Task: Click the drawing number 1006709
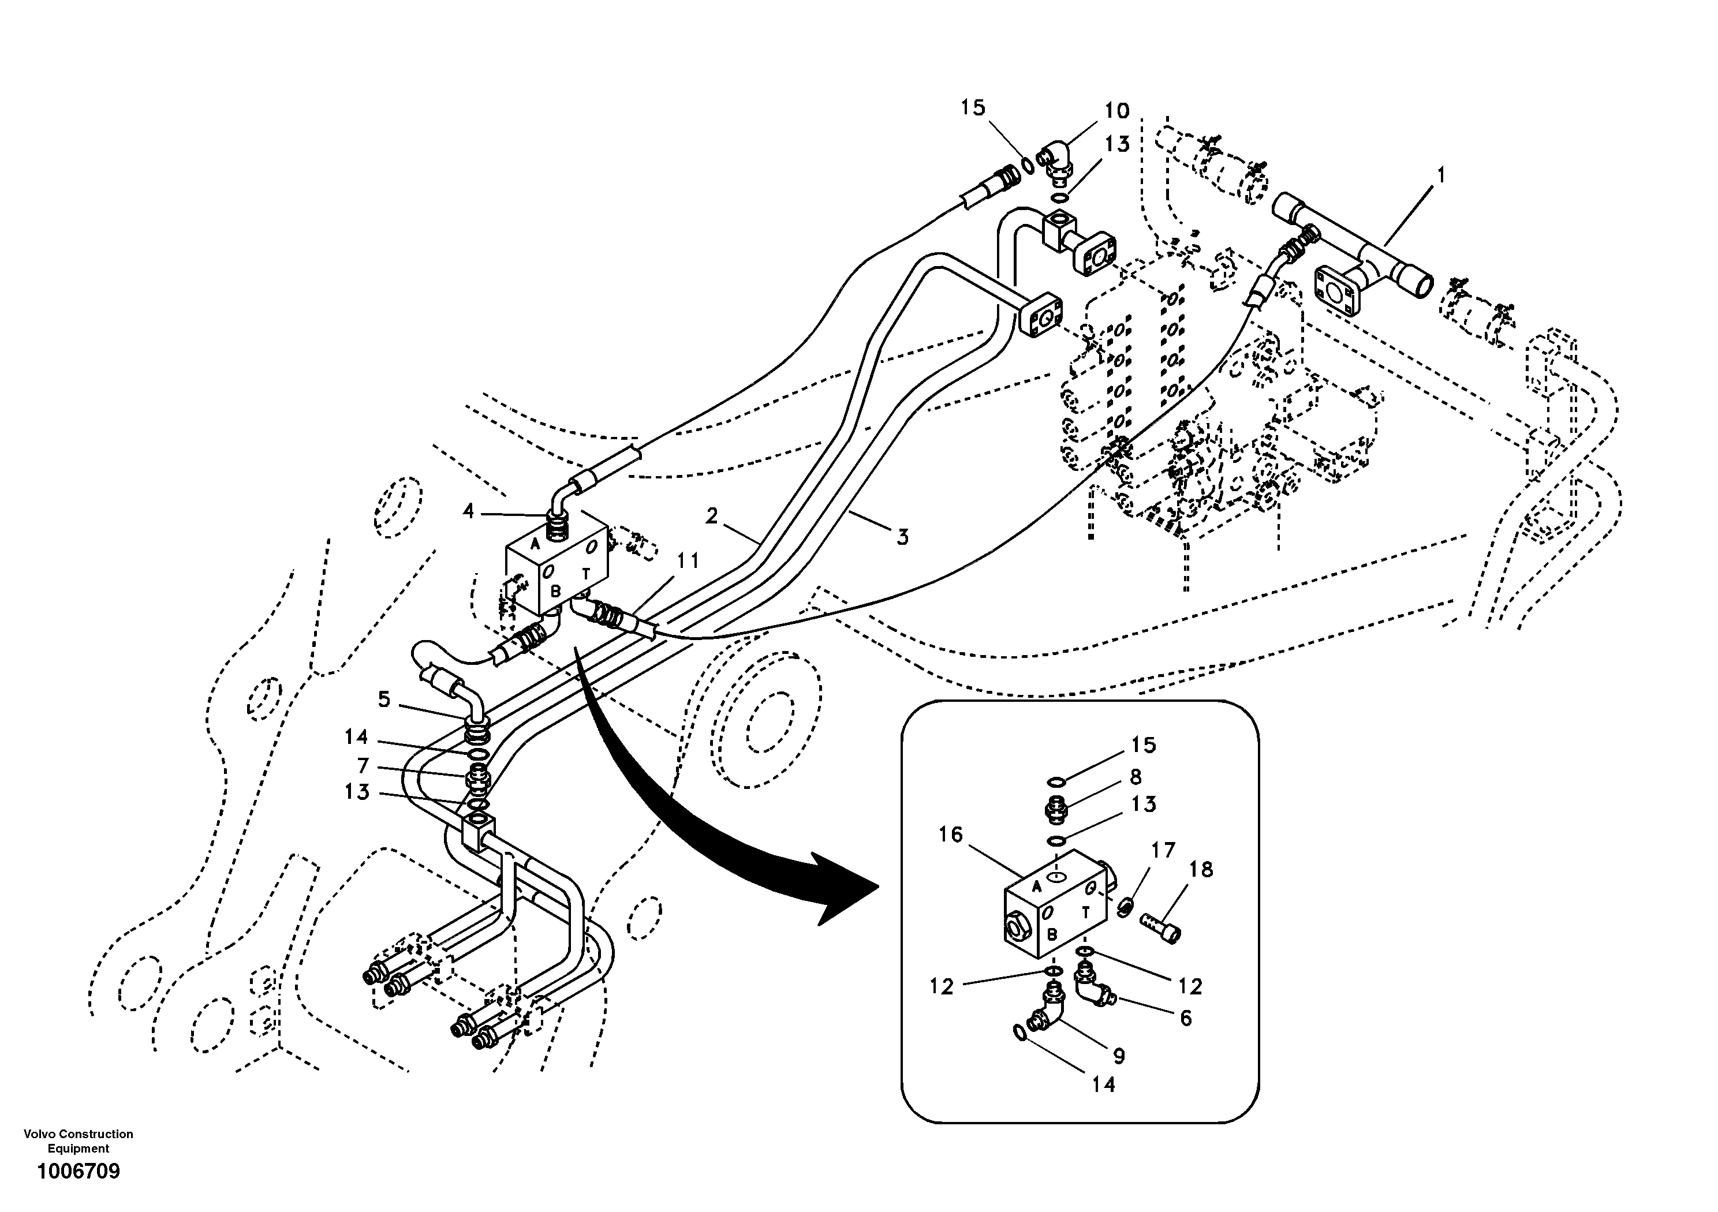pyautogui.click(x=79, y=1171)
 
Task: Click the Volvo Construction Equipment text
pyautogui.click(x=79, y=1141)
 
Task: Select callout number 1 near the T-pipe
pyautogui.click(x=1440, y=176)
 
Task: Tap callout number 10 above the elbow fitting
pyautogui.click(x=1116, y=111)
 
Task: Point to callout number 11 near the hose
pyautogui.click(x=688, y=560)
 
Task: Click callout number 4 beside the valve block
pyautogui.click(x=468, y=512)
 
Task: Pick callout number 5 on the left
pyautogui.click(x=384, y=699)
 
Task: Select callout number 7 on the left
pyautogui.click(x=363, y=766)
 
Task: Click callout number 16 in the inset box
pyautogui.click(x=950, y=835)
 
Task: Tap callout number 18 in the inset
pyautogui.click(x=1201, y=869)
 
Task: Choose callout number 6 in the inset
pyautogui.click(x=1185, y=1018)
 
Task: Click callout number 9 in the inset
pyautogui.click(x=1119, y=1056)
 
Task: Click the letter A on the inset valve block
pyautogui.click(x=1036, y=887)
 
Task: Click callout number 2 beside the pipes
pyautogui.click(x=712, y=515)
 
